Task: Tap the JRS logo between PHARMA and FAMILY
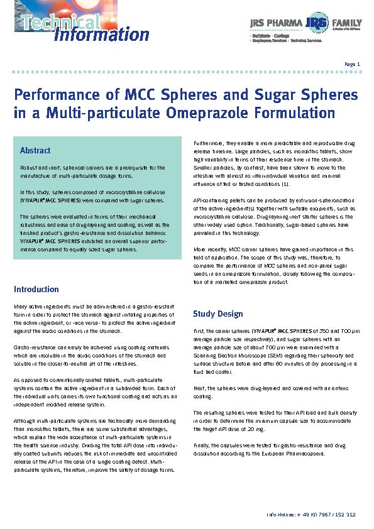point(317,24)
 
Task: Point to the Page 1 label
point(352,64)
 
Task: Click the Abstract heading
point(35,151)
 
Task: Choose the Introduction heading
point(36,290)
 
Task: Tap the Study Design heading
point(217,314)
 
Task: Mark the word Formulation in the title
point(311,114)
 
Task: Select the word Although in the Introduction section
point(26,422)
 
